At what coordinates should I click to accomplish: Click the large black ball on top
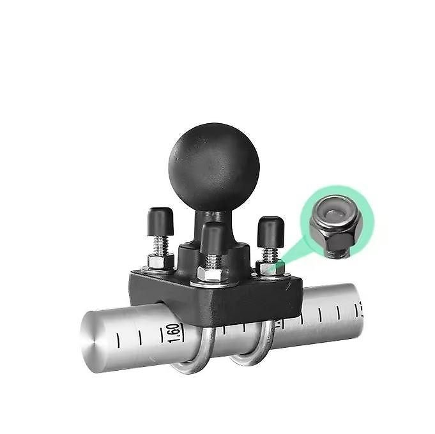click(214, 167)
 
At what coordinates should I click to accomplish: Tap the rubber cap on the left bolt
click(160, 221)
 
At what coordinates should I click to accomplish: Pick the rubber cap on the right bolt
click(271, 232)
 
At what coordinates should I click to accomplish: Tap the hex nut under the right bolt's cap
click(270, 267)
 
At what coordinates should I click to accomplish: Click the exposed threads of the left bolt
click(160, 246)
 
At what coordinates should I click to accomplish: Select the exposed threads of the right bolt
click(270, 255)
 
